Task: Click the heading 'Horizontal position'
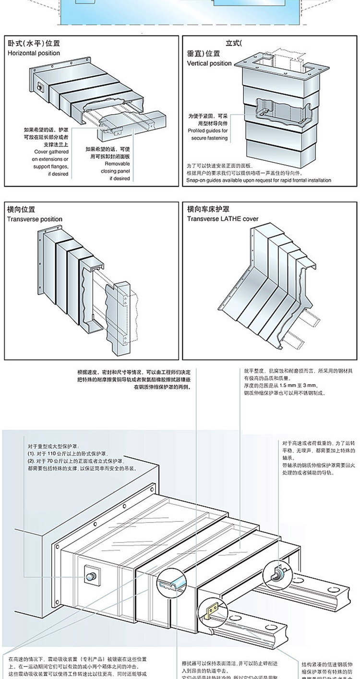click(x=34, y=53)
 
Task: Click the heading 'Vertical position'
click(x=209, y=63)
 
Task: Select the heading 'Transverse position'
click(x=35, y=219)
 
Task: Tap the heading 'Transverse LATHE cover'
click(x=223, y=219)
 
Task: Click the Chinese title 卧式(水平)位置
click(x=34, y=44)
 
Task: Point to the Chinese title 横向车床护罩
click(x=208, y=209)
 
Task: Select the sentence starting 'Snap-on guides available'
click(x=259, y=180)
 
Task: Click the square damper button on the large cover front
click(x=91, y=574)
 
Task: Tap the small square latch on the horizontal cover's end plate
click(x=40, y=87)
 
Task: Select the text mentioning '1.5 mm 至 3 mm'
click(x=278, y=385)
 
